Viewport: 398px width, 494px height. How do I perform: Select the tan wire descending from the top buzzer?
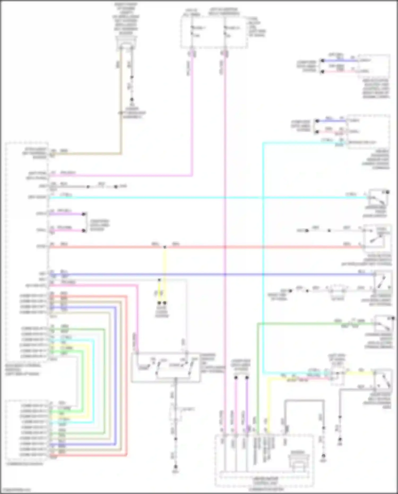click(121, 106)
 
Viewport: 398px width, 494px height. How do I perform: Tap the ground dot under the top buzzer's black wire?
click(132, 100)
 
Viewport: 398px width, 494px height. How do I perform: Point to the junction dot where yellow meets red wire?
click(165, 247)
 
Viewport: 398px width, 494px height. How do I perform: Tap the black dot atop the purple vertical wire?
click(247, 377)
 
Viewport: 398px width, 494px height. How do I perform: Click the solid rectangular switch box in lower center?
click(166, 367)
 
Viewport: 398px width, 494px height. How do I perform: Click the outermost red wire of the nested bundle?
click(127, 372)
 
